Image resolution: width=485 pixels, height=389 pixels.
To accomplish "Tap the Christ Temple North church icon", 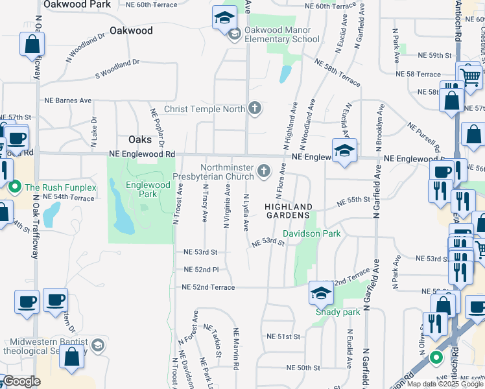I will click(255, 108).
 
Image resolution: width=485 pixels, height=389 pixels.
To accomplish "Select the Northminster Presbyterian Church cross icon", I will click(263, 171).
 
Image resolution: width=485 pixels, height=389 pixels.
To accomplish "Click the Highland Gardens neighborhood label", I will click(289, 211).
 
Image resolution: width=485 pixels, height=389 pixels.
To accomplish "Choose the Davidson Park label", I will click(311, 233).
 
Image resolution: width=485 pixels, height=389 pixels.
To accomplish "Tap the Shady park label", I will click(337, 312).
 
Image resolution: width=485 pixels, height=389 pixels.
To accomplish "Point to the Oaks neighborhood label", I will click(140, 139).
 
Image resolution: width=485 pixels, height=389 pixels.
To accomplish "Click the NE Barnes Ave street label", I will click(68, 100).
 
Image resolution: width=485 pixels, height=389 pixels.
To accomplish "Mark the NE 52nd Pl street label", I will click(196, 269).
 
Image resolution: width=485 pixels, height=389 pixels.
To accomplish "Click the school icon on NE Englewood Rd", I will click(345, 151).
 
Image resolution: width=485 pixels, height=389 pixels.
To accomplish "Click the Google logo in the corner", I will click(23, 381).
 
